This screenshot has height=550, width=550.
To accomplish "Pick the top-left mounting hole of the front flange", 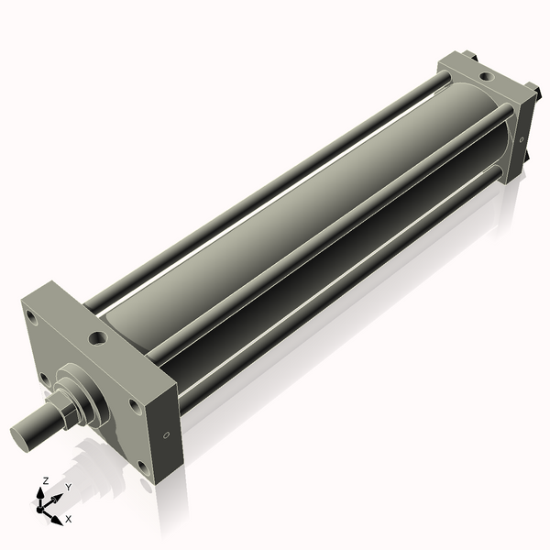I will [x=33, y=319].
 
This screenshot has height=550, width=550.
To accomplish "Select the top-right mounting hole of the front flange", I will [x=134, y=403].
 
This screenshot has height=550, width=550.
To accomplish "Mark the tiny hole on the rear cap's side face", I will [x=521, y=140].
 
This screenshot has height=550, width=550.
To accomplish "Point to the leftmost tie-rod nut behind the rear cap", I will [x=474, y=57].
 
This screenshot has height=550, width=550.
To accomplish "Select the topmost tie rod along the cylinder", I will [x=275, y=183].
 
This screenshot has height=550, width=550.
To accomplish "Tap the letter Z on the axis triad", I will [x=46, y=480].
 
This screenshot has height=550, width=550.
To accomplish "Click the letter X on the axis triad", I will [x=68, y=519].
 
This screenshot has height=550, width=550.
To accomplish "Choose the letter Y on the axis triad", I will [x=68, y=488].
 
